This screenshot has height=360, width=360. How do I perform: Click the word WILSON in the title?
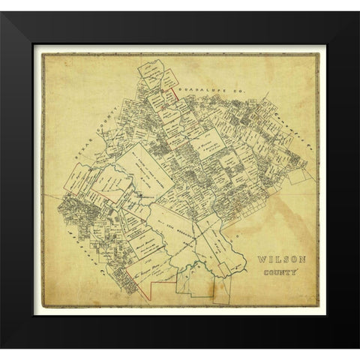coord(276,259)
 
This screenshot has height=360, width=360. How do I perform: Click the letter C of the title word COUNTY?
coord(263,273)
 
